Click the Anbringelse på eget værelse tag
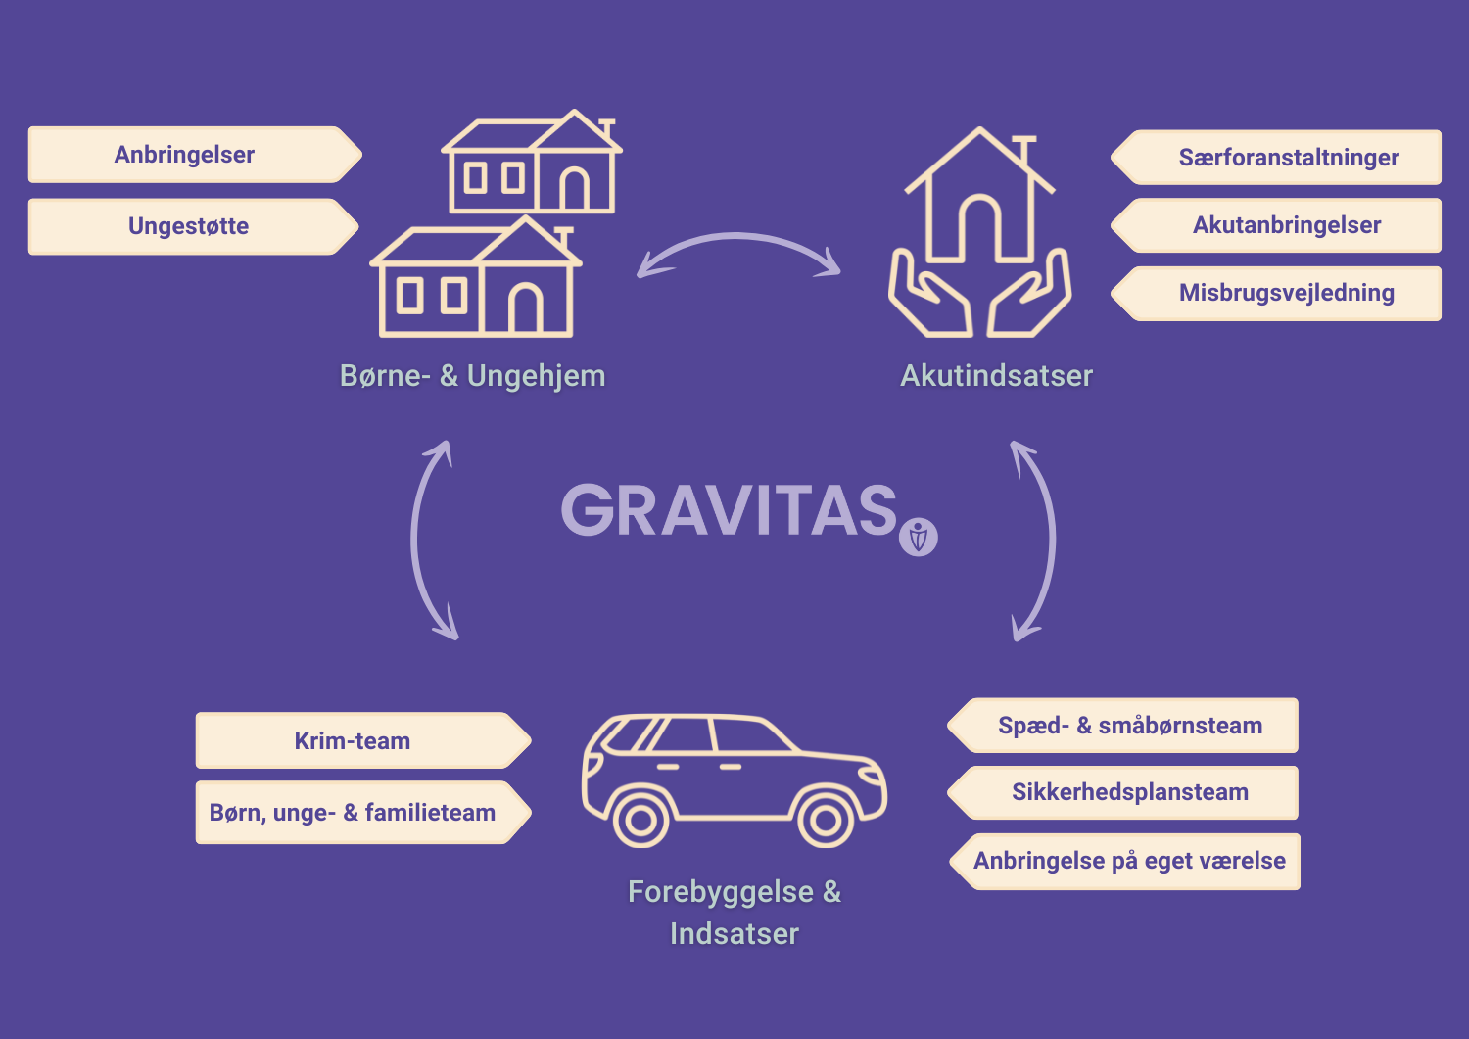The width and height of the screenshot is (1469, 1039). [x=1124, y=861]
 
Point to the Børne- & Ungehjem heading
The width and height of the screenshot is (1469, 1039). [x=472, y=376]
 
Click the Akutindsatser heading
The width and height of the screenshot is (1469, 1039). [x=996, y=376]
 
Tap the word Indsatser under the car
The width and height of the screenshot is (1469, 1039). [x=734, y=933]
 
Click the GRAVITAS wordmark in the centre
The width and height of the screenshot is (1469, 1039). [x=729, y=509]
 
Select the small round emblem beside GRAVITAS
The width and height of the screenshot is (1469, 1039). [x=919, y=538]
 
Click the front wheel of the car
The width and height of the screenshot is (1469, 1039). [x=825, y=820]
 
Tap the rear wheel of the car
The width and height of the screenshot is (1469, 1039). [x=640, y=820]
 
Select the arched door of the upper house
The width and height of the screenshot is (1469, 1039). [x=575, y=188]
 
